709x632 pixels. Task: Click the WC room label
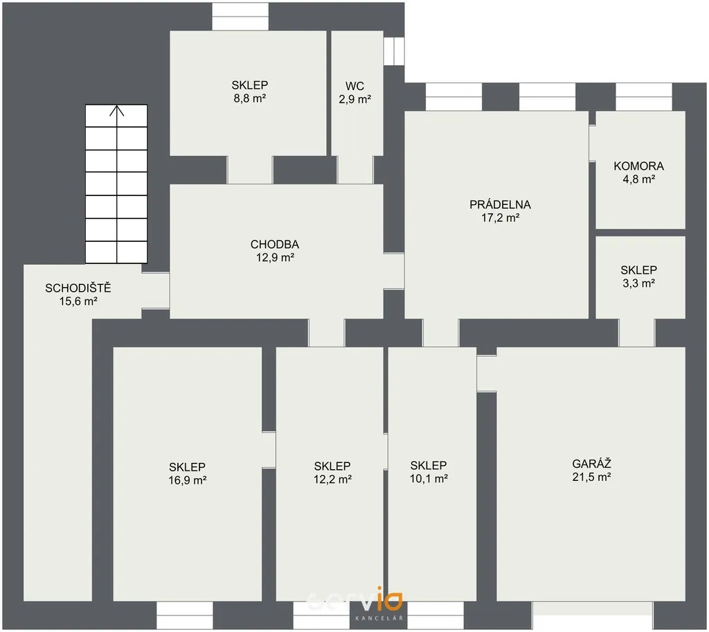[354, 86]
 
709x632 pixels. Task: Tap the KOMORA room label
[638, 166]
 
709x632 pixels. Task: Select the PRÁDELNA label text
[500, 204]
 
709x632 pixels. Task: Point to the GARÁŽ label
[591, 464]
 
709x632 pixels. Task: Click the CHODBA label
[274, 245]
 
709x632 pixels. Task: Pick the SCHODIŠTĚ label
[78, 288]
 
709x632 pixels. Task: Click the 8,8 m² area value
[249, 98]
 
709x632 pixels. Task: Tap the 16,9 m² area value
[187, 480]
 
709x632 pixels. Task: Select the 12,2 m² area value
[332, 479]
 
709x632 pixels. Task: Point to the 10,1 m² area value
[429, 479]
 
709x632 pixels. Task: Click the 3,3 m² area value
[638, 283]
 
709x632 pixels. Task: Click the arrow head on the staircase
[116, 110]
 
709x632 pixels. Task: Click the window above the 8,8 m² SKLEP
[240, 17]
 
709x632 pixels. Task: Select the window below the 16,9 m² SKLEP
[184, 615]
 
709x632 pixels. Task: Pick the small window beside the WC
[394, 51]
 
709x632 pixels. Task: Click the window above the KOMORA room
[644, 97]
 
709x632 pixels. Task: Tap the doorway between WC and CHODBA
[355, 170]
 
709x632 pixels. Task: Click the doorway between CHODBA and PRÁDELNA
[394, 270]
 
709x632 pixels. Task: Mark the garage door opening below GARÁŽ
[593, 615]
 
